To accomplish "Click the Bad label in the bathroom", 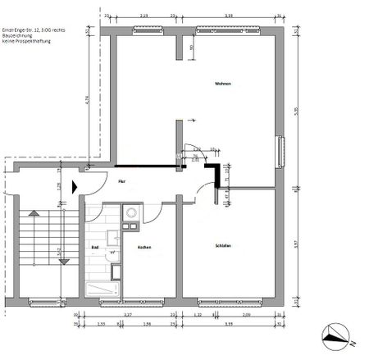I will coord(95,246).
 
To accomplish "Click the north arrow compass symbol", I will coord(335,335).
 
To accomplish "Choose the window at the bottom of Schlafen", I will coord(231,301).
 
